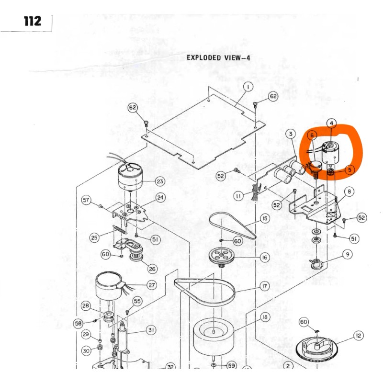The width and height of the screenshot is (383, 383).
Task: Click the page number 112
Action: [32, 21]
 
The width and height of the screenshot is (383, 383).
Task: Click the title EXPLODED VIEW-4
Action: [218, 58]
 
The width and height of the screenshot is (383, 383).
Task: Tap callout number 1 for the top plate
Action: [248, 87]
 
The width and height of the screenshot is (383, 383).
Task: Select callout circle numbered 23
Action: [159, 182]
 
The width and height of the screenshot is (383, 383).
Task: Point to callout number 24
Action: [160, 197]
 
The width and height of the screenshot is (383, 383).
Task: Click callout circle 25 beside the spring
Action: [94, 237]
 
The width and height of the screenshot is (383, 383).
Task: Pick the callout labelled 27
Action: [151, 285]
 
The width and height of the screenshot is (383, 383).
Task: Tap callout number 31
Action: [151, 330]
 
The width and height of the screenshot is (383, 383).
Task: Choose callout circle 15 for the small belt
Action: [264, 219]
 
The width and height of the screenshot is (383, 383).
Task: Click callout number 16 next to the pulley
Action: [264, 257]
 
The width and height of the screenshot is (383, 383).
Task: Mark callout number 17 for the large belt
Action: [264, 287]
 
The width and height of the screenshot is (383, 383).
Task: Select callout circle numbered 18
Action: [264, 317]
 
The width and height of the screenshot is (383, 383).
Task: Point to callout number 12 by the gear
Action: [358, 336]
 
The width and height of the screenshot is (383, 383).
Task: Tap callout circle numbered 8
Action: [349, 192]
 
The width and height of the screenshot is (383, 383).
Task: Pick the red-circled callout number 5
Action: [349, 169]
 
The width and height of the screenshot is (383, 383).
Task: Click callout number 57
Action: [86, 200]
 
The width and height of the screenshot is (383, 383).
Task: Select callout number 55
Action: [137, 301]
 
